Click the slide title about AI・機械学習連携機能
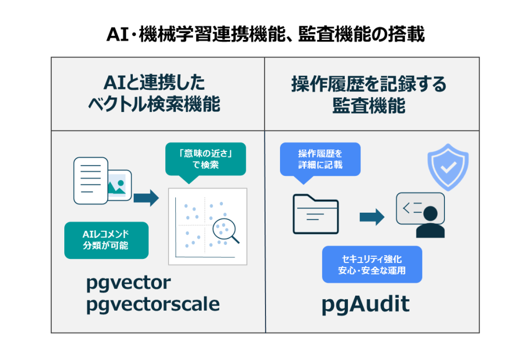tap(265, 34)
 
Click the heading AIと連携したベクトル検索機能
tap(158, 94)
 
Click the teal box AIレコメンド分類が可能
tap(106, 240)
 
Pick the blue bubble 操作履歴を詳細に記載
tap(320, 159)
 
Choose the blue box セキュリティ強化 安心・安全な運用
tap(372, 264)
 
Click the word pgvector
tap(128, 283)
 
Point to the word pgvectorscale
tap(152, 304)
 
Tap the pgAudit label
tap(365, 304)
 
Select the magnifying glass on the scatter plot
tap(227, 230)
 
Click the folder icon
tap(315, 214)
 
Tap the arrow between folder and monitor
tap(372, 217)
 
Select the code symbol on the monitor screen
tap(413, 209)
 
